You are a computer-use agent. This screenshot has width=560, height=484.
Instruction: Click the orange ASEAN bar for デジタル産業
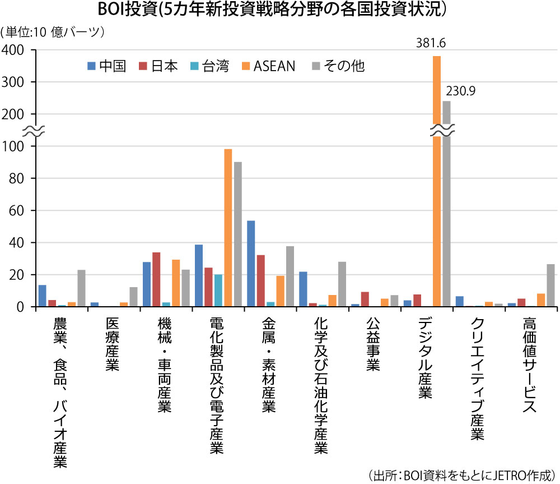tap(437, 179)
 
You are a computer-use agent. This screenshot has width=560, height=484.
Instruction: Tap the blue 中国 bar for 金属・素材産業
tap(251, 264)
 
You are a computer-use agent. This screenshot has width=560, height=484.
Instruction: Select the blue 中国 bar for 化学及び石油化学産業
tap(303, 289)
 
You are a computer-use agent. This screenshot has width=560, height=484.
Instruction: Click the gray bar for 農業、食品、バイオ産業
tap(81, 288)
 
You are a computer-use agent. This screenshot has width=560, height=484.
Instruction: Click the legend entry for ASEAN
tap(268, 66)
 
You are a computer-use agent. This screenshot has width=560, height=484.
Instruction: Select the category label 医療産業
tap(113, 345)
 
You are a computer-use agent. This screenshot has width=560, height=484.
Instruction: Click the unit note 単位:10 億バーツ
tap(54, 32)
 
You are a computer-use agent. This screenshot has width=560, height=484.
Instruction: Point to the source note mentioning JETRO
tap(461, 474)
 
